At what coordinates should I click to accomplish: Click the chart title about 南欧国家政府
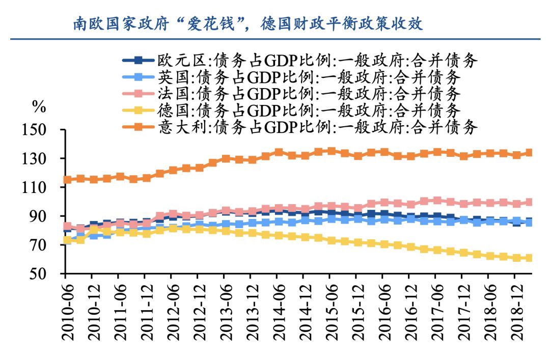(x=248, y=23)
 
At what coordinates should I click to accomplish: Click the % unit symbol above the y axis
(x=39, y=107)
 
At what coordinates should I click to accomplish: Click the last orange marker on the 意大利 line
(x=529, y=153)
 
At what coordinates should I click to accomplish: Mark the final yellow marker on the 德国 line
(x=529, y=258)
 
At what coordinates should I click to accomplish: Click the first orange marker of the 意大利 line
(x=66, y=180)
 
